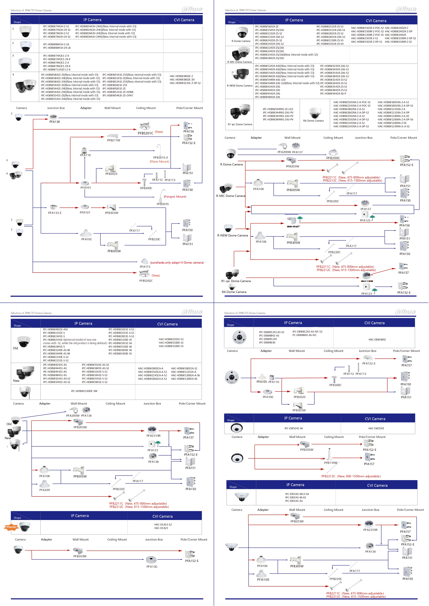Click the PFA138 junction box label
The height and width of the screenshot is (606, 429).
pyautogui.click(x=54, y=122)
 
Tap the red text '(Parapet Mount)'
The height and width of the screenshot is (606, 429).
pyautogui.click(x=175, y=197)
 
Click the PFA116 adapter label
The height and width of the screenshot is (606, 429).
pyautogui.click(x=85, y=155)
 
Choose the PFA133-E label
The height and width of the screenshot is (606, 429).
pyautogui.click(x=55, y=213)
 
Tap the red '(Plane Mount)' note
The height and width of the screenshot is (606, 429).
pyautogui.click(x=159, y=162)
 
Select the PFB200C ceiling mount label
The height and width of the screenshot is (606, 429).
pyautogui.click(x=333, y=158)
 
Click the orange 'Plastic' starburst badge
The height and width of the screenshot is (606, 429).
pyautogui.click(x=11, y=527)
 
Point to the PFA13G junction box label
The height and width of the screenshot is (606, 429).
pyautogui.click(x=152, y=566)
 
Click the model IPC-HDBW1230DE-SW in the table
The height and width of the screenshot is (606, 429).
pyautogui.click(x=84, y=391)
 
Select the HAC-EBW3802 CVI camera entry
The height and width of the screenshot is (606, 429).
pyautogui.click(x=377, y=340)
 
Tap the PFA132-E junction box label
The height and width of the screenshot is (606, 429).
pyautogui.click(x=369, y=363)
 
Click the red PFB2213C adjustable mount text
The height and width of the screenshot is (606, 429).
pyautogui.click(x=351, y=476)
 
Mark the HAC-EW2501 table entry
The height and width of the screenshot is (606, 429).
pyautogui.click(x=376, y=428)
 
